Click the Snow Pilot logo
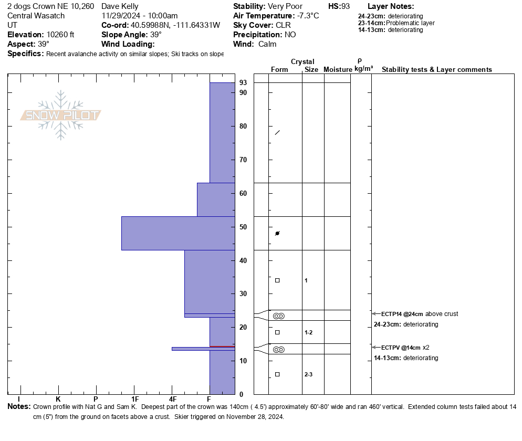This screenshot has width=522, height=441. [61, 115]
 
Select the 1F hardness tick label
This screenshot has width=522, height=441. [135, 400]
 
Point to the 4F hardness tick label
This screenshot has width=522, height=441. [172, 400]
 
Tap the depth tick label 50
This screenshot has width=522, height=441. [243, 227]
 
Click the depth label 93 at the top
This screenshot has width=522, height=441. [243, 83]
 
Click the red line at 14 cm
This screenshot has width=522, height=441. [222, 346]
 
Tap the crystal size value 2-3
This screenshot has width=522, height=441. [309, 374]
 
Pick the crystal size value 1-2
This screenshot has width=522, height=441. [309, 332]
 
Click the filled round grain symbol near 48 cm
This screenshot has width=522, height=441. [277, 233]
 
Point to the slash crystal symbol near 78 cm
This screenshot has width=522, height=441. [277, 132]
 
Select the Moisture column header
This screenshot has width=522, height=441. [338, 70]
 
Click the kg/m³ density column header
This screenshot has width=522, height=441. [363, 69]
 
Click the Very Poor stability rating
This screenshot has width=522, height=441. [285, 6]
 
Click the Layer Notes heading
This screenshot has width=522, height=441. [391, 6]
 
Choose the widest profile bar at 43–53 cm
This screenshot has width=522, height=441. [178, 233]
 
